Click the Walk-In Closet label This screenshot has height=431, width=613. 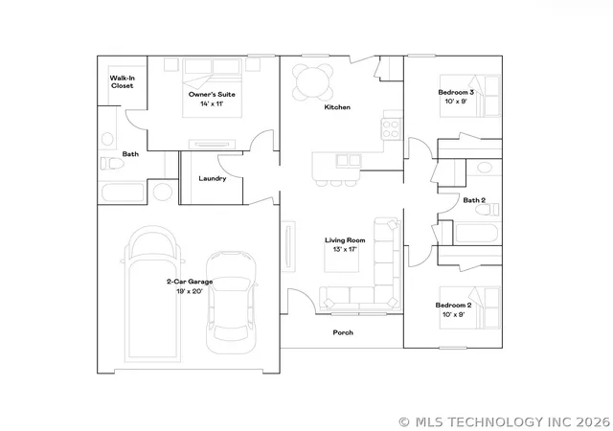(122, 82)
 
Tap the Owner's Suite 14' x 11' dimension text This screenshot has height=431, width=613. (212, 104)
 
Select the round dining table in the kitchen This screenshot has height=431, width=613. (313, 82)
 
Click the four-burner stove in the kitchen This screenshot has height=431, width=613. (391, 129)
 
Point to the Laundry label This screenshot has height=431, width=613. (213, 179)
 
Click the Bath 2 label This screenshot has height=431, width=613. (474, 200)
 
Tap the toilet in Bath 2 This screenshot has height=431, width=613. (488, 210)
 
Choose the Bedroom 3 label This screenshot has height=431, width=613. (456, 92)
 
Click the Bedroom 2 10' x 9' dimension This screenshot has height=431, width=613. (453, 314)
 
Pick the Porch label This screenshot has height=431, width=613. (343, 332)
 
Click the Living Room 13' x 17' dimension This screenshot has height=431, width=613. (345, 249)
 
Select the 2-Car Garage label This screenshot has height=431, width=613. (190, 282)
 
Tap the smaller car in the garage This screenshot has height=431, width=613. (232, 303)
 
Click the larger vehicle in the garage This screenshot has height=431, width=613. (152, 293)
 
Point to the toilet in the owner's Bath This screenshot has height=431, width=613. (112, 164)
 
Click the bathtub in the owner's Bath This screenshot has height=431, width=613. (123, 193)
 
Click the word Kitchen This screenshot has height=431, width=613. (337, 107)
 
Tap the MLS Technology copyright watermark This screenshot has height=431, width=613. (505, 422)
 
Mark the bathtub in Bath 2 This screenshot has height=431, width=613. (477, 233)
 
